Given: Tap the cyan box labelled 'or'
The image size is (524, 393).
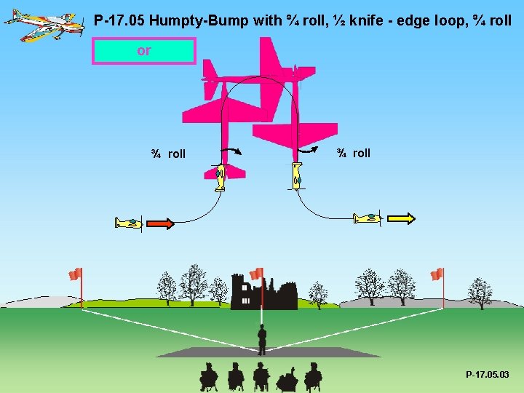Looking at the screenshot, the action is coord(144,51).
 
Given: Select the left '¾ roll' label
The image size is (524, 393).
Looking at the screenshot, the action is coord(168,154).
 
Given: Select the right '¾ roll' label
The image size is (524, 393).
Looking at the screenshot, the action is coord(353,153).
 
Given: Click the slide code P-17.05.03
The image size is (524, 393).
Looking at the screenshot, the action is coord(488,375).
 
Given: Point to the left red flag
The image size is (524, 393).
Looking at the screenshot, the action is coord(75,274).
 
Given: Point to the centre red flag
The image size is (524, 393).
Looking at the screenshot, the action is coord(256,274).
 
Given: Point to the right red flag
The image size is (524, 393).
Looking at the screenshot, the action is coord(437,274).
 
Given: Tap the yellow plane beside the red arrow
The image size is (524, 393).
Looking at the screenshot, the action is coord(129,223).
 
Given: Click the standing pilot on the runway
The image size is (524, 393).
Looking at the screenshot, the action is coord(262,338).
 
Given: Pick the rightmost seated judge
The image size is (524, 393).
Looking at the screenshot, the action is coord(313,376).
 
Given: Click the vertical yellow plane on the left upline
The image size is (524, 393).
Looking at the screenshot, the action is coord(220,177).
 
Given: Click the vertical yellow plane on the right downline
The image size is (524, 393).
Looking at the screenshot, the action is coord(296,176).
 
